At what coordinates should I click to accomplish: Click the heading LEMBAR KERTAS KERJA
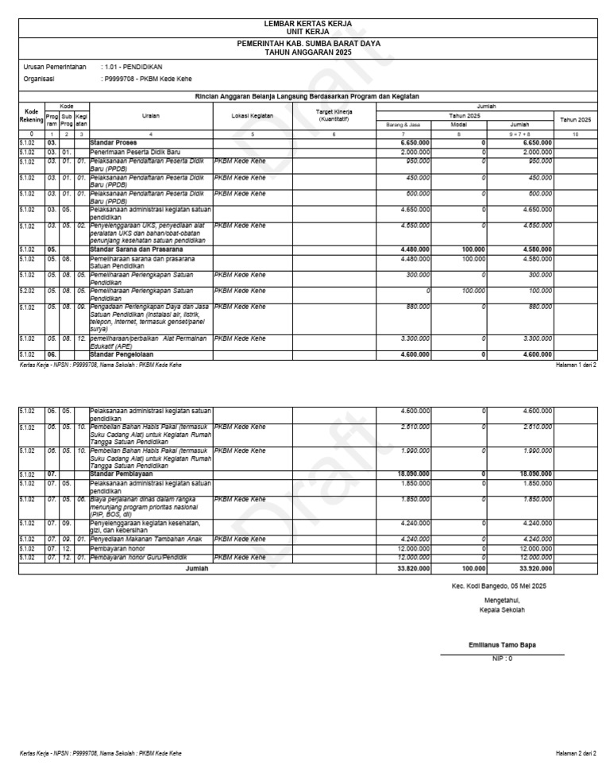307,25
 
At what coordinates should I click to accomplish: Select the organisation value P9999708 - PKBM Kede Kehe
139,79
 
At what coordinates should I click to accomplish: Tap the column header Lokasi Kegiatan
253,115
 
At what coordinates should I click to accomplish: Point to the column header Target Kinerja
334,112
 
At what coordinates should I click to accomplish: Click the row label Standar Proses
114,142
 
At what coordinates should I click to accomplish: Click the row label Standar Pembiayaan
119,474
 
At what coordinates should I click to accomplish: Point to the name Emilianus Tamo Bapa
502,644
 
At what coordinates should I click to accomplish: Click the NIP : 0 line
502,659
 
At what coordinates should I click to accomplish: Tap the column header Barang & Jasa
404,125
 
